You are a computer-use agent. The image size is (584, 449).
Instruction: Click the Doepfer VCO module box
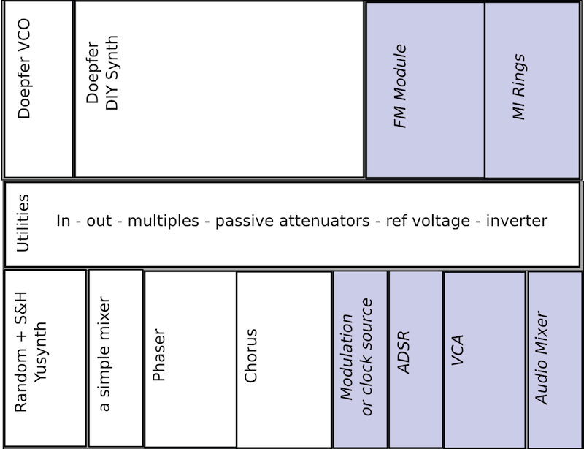pos(38,89)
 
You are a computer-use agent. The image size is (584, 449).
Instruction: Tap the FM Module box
pos(425,89)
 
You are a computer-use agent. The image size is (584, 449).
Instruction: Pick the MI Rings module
pos(533,89)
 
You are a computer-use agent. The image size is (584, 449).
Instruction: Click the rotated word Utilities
pos(23,224)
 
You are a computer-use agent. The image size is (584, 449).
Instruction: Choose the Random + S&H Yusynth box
pos(45,358)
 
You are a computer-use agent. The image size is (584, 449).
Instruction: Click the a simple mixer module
pos(115,358)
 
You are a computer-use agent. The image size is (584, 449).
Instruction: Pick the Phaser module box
pos(190,358)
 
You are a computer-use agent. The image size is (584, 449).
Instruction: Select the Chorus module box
pos(284,358)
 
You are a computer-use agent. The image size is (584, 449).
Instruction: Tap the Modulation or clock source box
pos(361,358)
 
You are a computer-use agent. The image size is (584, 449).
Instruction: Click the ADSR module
pos(415,358)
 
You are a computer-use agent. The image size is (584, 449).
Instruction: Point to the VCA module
pos(484,358)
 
